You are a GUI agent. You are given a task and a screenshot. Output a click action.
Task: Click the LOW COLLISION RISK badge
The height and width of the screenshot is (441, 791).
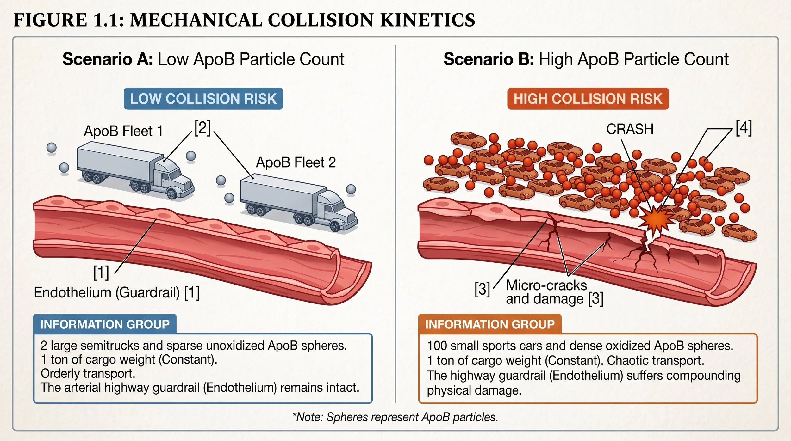pyautogui.click(x=203, y=99)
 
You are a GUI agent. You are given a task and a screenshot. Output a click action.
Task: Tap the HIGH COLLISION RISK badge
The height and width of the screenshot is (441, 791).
pyautogui.click(x=588, y=99)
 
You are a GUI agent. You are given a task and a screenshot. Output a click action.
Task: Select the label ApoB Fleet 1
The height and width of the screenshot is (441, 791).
pyautogui.click(x=123, y=131)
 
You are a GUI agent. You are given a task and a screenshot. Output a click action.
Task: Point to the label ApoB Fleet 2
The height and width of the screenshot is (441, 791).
pyautogui.click(x=296, y=162)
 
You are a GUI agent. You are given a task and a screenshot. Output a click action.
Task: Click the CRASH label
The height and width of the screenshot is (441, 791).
pyautogui.click(x=630, y=129)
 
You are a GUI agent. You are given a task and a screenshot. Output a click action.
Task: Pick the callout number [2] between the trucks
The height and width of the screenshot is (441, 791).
pyautogui.click(x=202, y=128)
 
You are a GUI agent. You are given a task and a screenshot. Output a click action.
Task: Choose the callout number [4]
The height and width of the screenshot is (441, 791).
pyautogui.click(x=744, y=128)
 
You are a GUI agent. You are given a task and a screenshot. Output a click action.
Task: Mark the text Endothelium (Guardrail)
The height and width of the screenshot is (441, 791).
pyautogui.click(x=107, y=292)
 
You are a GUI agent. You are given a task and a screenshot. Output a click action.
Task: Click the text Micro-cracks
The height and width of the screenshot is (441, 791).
pyautogui.click(x=546, y=285)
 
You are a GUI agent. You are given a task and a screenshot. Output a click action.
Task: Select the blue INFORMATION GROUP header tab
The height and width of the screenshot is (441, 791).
pyautogui.click(x=105, y=324)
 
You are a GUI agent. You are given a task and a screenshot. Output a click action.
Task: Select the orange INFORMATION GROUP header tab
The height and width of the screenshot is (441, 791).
pyautogui.click(x=490, y=324)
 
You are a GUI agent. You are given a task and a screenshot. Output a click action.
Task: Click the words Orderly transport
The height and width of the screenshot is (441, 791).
pyautogui.click(x=88, y=374)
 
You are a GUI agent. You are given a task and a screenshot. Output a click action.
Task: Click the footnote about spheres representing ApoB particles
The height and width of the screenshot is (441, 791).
pyautogui.click(x=395, y=417)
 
